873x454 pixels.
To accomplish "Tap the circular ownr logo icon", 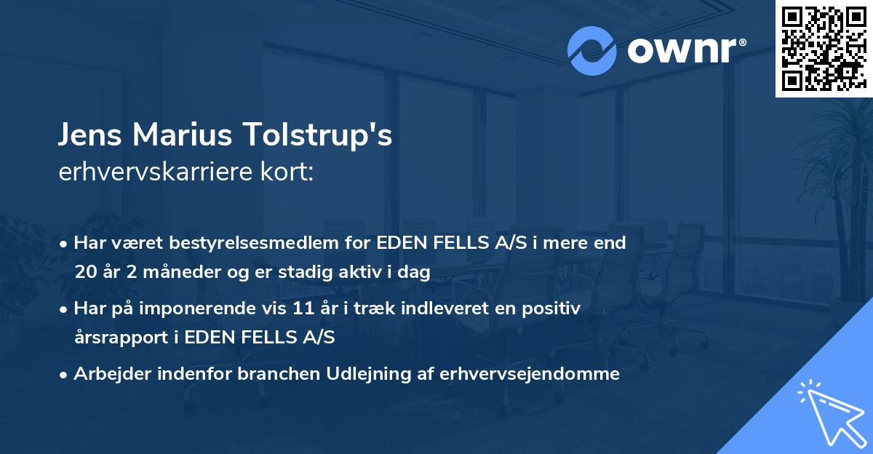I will [592, 51].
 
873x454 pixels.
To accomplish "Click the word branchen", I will [262, 374].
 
